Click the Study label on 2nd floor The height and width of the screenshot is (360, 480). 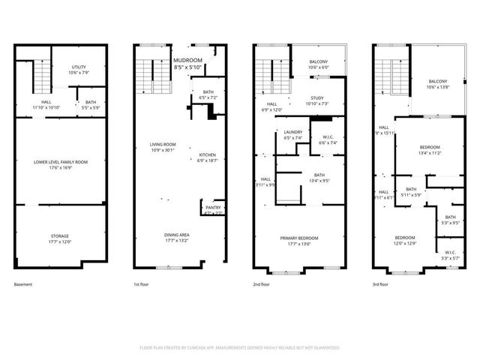coord(317,100)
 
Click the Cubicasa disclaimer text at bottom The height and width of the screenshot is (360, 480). coord(240,348)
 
